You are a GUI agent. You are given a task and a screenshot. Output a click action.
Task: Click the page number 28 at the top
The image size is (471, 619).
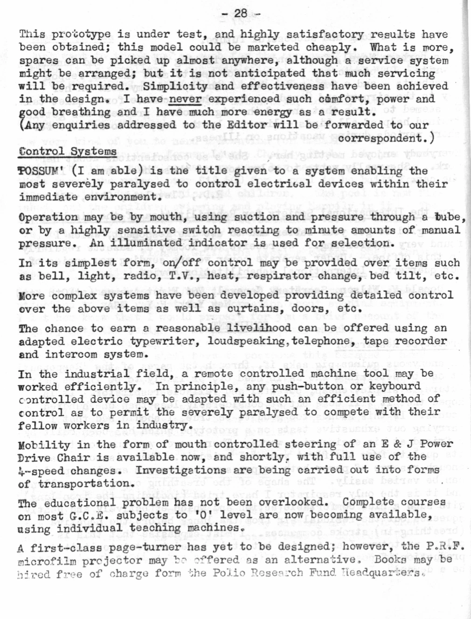241,13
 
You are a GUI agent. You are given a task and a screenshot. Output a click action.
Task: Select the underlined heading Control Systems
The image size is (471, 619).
68,151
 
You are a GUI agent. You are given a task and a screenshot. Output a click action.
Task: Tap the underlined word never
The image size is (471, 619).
185,99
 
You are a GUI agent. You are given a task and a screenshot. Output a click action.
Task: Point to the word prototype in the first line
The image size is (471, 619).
81,34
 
